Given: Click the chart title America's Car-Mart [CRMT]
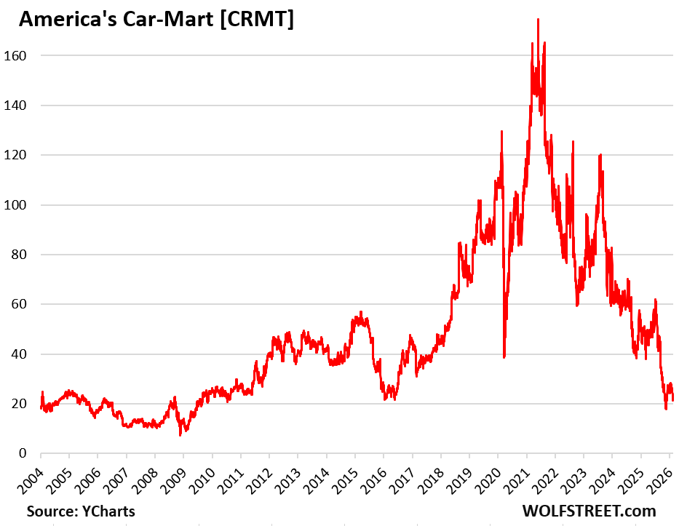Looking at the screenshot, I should click(156, 20).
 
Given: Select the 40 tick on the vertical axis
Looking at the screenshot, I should click(22, 354).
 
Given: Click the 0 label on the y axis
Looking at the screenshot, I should click(25, 454).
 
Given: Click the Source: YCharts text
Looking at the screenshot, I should click(80, 511).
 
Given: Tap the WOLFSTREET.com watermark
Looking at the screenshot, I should click(589, 511).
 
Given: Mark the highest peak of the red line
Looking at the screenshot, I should click(538, 20).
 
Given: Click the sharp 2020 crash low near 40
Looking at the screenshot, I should click(504, 356).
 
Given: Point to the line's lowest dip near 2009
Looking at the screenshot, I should click(180, 434).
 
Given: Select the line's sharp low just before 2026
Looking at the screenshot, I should click(665, 409).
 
